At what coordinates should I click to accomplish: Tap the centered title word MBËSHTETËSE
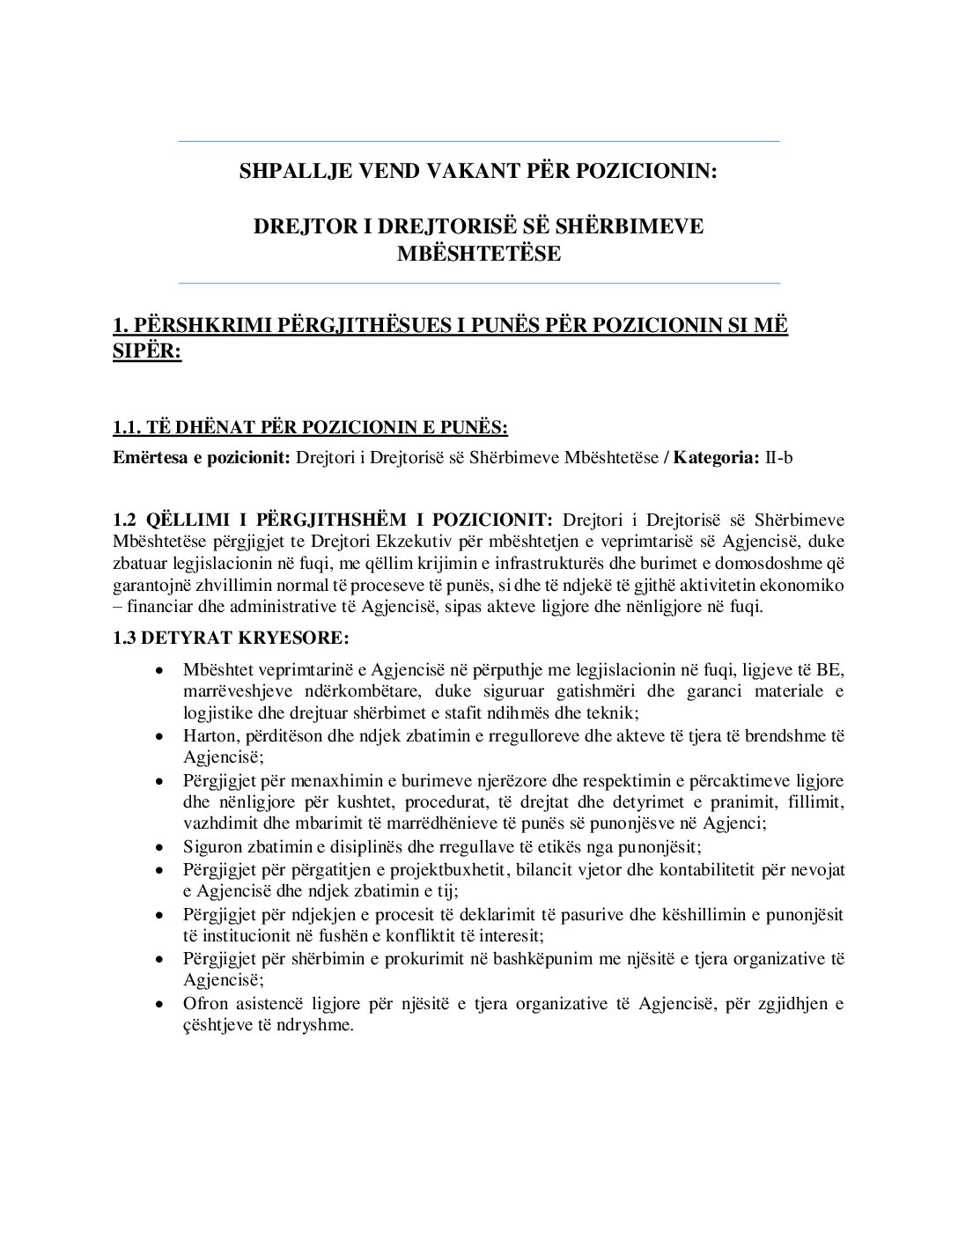pyautogui.click(x=479, y=254)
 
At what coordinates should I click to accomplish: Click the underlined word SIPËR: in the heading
pyautogui.click(x=147, y=352)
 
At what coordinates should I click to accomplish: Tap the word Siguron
pyautogui.click(x=213, y=847)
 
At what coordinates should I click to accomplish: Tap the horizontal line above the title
pyautogui.click(x=479, y=141)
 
